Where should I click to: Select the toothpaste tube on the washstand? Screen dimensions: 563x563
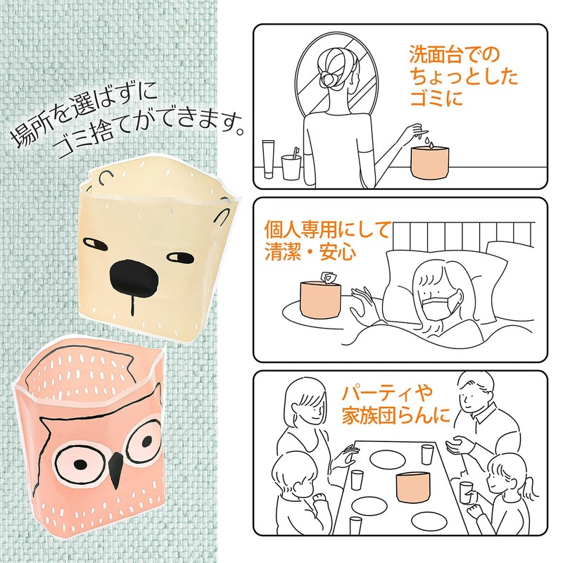tap(269, 159)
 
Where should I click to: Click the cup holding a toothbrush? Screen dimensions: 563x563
tap(291, 167)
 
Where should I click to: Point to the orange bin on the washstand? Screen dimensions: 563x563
tap(430, 163)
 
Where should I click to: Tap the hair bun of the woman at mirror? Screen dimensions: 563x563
tap(327, 80)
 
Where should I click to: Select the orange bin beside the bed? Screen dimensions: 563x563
tap(320, 300)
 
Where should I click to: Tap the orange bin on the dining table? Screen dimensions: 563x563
tap(413, 487)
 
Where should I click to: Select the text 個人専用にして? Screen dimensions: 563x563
tap(327, 230)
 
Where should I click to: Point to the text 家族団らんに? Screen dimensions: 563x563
tap(396, 415)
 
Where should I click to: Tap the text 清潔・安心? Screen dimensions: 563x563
tap(310, 251)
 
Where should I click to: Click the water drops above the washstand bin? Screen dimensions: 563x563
tap(429, 142)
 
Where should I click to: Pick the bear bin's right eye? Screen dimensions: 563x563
tap(180, 257)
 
